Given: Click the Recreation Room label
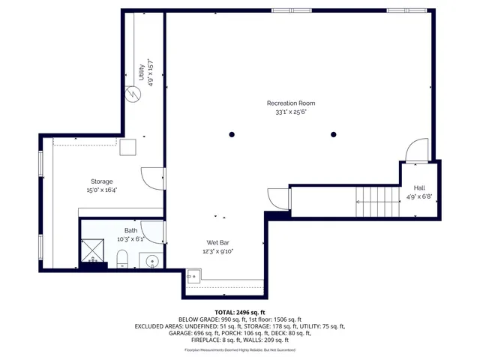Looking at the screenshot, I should [x=291, y=103].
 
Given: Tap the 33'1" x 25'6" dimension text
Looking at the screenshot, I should [x=291, y=112].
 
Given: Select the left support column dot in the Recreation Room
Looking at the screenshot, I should [x=232, y=134].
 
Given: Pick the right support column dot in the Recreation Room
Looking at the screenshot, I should [x=334, y=134].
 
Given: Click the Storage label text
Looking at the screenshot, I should [x=102, y=181].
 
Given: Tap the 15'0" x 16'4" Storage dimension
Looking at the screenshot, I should [x=102, y=190].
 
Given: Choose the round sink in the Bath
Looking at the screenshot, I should [x=151, y=261].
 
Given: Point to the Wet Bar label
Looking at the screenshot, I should [x=217, y=242].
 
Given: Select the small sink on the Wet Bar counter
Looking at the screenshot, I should [x=192, y=277].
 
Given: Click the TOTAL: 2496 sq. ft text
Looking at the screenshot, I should [x=240, y=312].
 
